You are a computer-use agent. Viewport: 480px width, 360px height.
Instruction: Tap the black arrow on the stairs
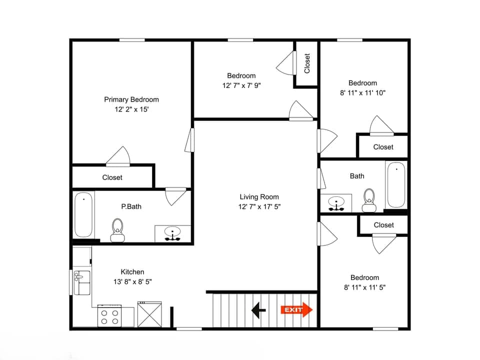pos(258,310)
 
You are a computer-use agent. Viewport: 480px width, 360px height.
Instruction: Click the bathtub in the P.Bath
pos(84,215)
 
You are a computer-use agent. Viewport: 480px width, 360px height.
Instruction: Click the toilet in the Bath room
pos(369,198)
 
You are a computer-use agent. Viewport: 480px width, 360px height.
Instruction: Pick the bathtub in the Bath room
pos(395,184)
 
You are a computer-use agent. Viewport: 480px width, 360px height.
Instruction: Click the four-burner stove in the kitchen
pos(109,316)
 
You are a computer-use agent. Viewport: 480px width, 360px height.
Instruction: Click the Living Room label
pos(259,197)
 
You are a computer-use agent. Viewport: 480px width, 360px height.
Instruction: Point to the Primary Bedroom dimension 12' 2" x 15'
pos(131,109)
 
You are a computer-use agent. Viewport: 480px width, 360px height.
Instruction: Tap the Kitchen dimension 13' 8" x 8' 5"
pos(132,281)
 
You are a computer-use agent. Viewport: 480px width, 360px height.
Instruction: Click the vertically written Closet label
pos(307,63)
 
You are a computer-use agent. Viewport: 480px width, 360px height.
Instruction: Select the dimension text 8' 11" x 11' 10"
pos(363,92)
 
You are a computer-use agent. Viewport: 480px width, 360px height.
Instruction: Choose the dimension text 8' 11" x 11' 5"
pos(364,287)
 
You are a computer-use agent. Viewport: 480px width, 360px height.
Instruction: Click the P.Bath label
pos(131,206)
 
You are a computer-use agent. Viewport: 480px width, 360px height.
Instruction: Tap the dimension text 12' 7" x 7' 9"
pos(241,85)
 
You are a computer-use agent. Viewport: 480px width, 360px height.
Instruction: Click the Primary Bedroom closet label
pos(112,177)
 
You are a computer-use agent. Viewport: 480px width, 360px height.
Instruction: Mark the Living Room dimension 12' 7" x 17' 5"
pos(259,206)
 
